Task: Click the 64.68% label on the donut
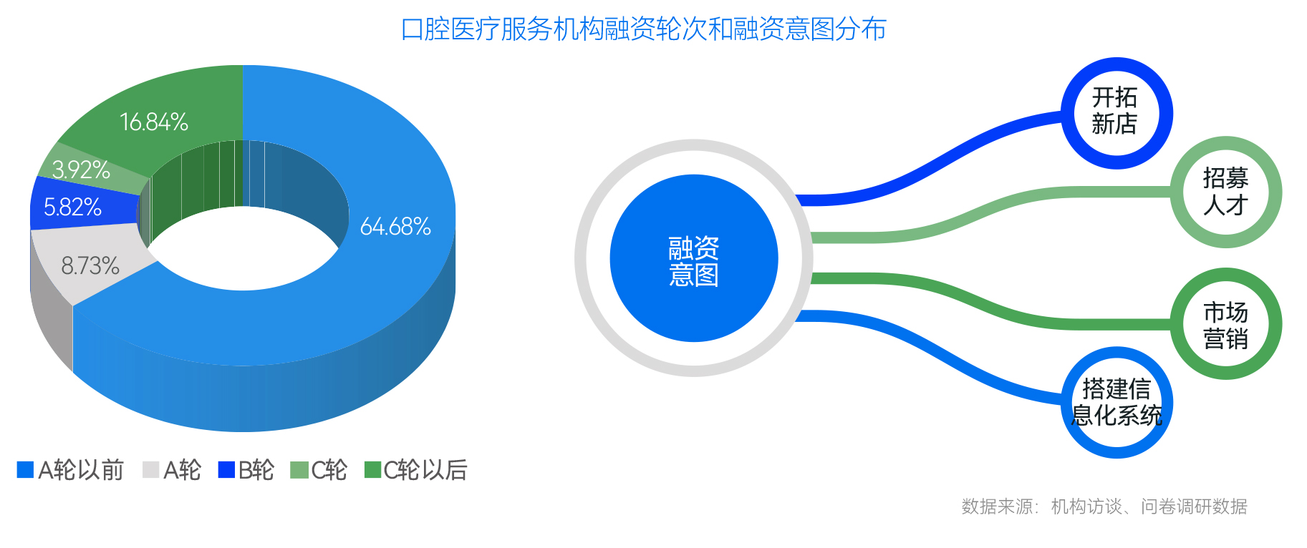point(395,227)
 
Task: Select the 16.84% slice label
point(154,122)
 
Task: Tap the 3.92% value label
point(81,170)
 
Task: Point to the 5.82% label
point(72,207)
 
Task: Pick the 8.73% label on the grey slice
point(90,266)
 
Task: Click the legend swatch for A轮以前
point(25,470)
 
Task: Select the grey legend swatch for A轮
point(150,470)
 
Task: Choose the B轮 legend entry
point(246,470)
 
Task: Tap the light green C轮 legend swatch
point(299,470)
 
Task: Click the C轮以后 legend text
point(425,470)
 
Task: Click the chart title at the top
point(644,29)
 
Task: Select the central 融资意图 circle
point(694,258)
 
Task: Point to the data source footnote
point(1104,507)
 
